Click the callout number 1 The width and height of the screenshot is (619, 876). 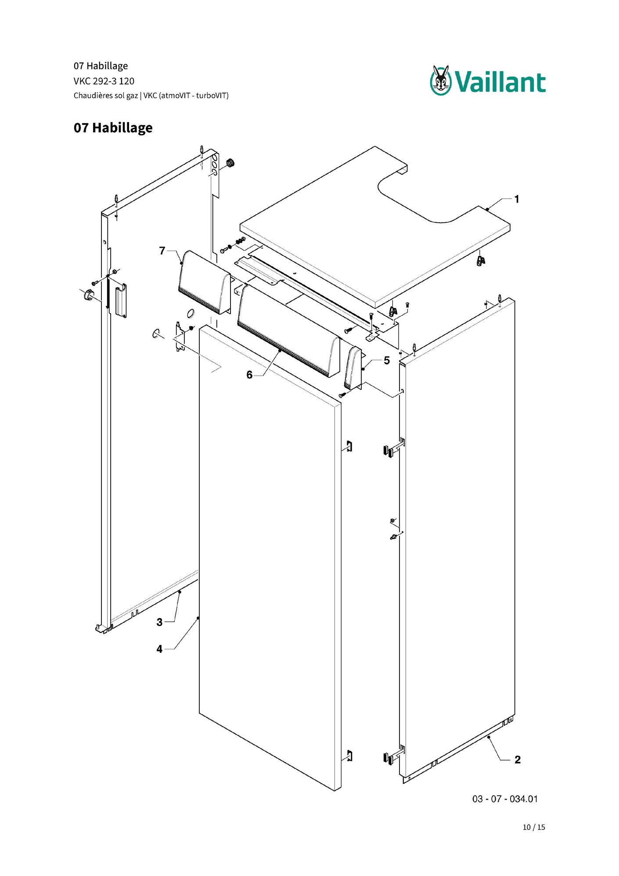(517, 199)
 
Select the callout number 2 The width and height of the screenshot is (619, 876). (518, 760)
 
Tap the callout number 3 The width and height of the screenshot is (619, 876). (159, 622)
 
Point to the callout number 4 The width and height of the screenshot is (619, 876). (159, 649)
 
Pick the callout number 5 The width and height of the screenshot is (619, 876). (387, 361)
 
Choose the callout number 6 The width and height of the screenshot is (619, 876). (249, 375)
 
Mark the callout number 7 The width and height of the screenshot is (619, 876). (162, 251)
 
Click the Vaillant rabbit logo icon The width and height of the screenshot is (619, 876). (441, 80)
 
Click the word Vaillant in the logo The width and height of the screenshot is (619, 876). (500, 83)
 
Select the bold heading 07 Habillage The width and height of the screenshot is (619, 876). (113, 128)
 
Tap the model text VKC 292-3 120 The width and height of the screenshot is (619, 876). (104, 81)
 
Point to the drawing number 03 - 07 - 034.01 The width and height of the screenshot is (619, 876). (505, 799)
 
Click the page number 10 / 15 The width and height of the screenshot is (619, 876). (534, 827)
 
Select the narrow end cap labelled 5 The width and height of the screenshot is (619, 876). (353, 368)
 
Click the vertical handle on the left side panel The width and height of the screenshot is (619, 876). (121, 300)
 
